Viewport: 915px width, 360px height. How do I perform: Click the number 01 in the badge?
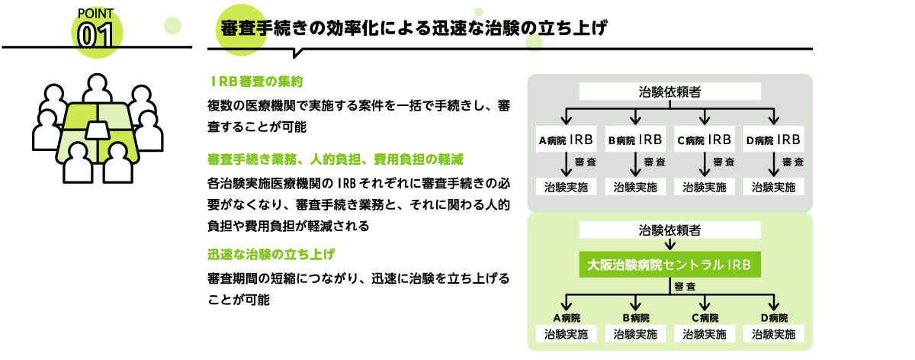pyautogui.click(x=95, y=35)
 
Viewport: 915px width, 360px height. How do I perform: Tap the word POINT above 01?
pyautogui.click(x=95, y=14)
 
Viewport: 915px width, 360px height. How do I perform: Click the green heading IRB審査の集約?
pyautogui.click(x=256, y=82)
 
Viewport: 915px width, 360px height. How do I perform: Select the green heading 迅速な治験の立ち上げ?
pyautogui.click(x=271, y=255)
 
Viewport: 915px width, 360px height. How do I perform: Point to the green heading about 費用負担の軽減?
pyautogui.click(x=335, y=159)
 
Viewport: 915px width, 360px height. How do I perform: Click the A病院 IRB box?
pyautogui.click(x=566, y=140)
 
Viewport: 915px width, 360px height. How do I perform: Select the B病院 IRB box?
pyautogui.click(x=635, y=140)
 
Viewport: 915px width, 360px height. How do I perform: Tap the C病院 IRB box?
pyautogui.click(x=705, y=140)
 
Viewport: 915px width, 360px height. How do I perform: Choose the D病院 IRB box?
pyautogui.click(x=774, y=140)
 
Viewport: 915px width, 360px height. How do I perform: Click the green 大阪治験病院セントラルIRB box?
pyautogui.click(x=670, y=265)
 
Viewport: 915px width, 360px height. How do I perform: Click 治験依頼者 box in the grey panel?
pyautogui.click(x=670, y=92)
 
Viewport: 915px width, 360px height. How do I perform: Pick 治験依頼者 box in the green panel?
pyautogui.click(x=670, y=230)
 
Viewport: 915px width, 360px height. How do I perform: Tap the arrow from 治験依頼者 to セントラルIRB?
pyautogui.click(x=670, y=245)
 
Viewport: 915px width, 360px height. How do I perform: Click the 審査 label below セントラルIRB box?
pyautogui.click(x=685, y=287)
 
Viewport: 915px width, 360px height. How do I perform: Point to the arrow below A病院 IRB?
pyautogui.click(x=566, y=164)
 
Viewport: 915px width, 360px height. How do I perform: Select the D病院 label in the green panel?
pyautogui.click(x=775, y=318)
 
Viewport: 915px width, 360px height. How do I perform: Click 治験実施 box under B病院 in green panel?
pyautogui.click(x=635, y=334)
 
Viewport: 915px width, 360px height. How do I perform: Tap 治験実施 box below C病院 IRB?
pyautogui.click(x=705, y=187)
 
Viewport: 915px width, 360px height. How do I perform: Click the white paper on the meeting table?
pyautogui.click(x=98, y=130)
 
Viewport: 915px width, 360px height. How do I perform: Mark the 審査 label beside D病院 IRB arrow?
pyautogui.click(x=793, y=162)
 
